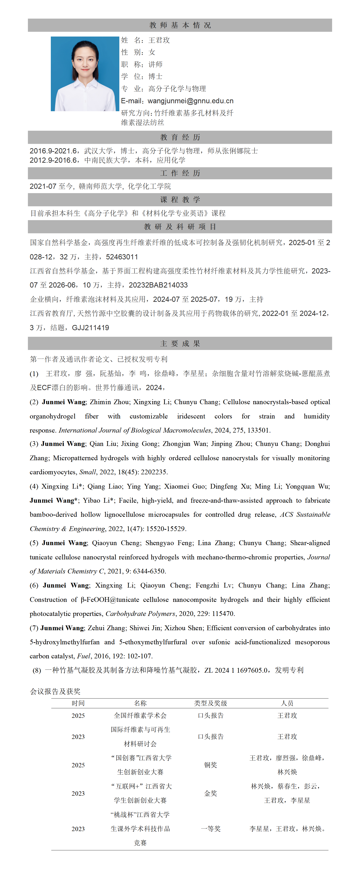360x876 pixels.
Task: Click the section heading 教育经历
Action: (180, 137)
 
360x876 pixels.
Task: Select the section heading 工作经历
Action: (180, 173)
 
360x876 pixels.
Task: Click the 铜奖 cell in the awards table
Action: (211, 765)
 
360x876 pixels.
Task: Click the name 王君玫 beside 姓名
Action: (159, 40)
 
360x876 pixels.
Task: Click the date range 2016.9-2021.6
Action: (53, 151)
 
